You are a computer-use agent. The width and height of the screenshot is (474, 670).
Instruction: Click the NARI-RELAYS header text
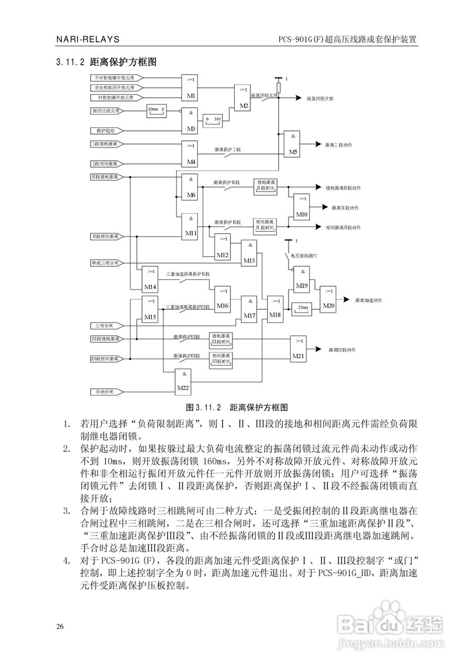[x=87, y=39]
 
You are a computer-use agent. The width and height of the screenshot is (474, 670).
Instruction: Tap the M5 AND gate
[x=293, y=143]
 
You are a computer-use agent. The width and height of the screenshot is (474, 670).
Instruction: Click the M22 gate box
[x=183, y=381]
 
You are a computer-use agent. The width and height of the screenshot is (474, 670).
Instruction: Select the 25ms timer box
[x=302, y=308]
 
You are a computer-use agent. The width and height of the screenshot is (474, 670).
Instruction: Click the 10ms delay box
[x=156, y=110]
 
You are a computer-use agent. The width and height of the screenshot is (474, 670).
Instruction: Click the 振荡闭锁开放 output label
[x=320, y=98]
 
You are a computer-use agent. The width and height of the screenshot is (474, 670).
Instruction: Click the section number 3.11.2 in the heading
[x=70, y=62]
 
